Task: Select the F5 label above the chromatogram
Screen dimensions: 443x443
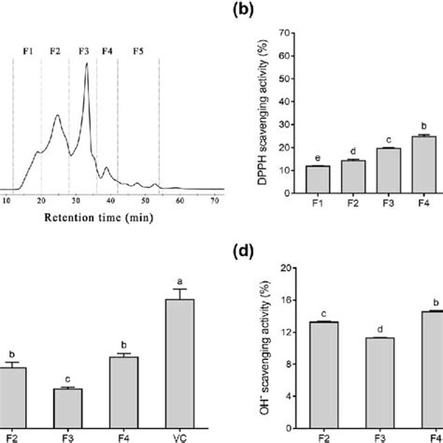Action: click(x=138, y=50)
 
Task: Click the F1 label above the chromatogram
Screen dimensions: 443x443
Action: click(x=26, y=50)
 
